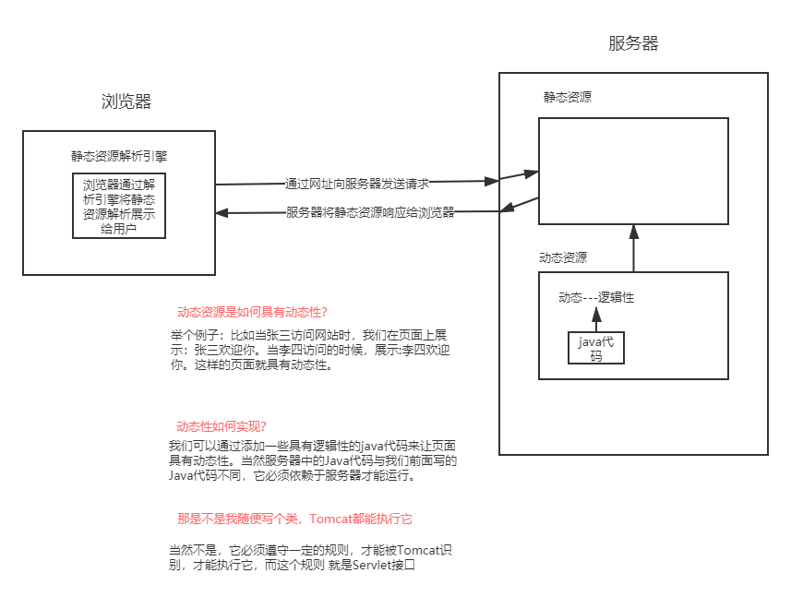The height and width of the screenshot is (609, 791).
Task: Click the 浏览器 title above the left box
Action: [126, 102]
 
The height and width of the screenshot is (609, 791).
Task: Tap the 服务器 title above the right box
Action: [633, 44]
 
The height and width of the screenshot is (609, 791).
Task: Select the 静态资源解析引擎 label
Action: [119, 156]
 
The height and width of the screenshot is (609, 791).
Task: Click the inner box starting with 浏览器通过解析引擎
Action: [119, 205]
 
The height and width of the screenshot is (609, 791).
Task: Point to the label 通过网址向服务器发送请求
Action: [357, 184]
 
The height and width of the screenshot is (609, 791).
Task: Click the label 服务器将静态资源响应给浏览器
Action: [370, 212]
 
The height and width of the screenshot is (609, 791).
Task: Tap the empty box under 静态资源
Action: [633, 171]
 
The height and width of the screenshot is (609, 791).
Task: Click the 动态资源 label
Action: [563, 257]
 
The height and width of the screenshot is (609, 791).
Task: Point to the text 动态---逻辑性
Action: [596, 297]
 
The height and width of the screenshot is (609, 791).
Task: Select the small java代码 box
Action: [596, 349]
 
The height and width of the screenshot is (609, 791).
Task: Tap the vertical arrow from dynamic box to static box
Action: [633, 248]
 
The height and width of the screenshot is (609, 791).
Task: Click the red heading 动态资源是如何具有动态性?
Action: [252, 312]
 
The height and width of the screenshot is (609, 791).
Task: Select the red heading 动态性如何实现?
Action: [222, 426]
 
